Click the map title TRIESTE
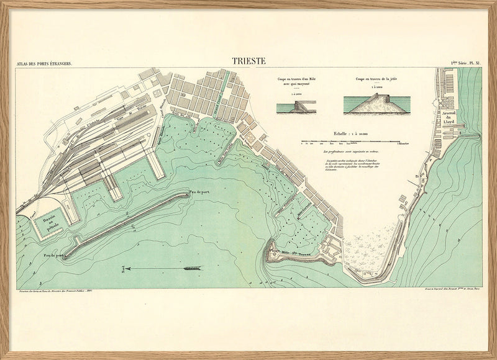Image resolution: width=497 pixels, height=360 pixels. click(x=248, y=61)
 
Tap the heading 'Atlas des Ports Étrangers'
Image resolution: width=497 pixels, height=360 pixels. click(x=45, y=63)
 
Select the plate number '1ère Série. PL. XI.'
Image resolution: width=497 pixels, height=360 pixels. click(x=465, y=63)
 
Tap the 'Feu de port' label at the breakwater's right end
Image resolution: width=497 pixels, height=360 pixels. click(x=201, y=192)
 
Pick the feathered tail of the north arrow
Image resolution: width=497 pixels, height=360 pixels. click(x=193, y=269)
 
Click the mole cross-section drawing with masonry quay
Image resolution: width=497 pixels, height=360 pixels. click(x=296, y=107)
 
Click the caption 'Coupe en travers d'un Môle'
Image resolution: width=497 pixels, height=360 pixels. click(x=296, y=81)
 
